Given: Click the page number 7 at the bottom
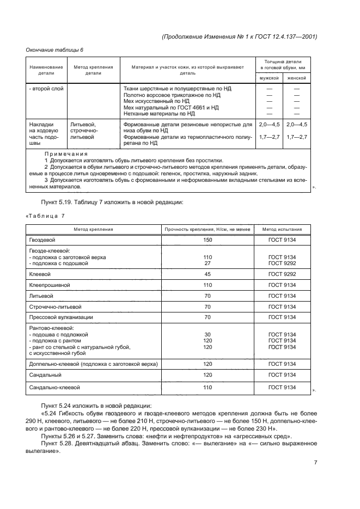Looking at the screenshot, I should (x=316, y=463).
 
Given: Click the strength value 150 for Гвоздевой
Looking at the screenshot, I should (x=208, y=239).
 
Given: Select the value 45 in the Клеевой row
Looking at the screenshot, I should (x=208, y=274).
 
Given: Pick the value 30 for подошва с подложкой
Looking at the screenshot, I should (x=208, y=334).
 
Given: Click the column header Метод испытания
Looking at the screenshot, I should (x=282, y=229).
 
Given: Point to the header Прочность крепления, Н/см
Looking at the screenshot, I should (x=208, y=229).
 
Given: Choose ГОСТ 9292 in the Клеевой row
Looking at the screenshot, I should (x=282, y=274).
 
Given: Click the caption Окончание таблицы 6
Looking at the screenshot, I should (x=54, y=50).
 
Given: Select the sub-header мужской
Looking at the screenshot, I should (x=269, y=78).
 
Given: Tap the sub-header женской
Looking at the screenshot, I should (x=297, y=78).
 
